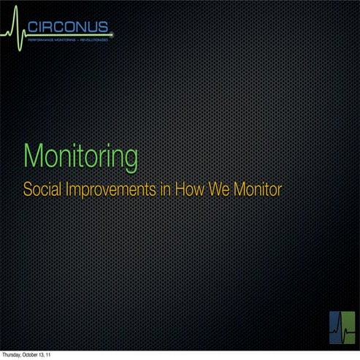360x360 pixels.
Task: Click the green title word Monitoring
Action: [x=80, y=156]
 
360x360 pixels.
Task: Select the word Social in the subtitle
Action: [x=41, y=189]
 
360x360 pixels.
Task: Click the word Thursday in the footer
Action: [x=12, y=355]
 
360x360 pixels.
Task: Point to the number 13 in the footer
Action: [x=46, y=355]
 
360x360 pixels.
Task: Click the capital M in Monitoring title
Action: [x=31, y=156]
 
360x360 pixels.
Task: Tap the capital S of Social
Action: [x=27, y=189]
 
